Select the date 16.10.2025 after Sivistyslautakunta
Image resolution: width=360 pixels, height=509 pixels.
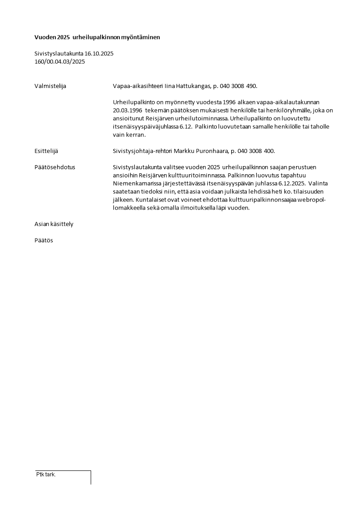coord(99,54)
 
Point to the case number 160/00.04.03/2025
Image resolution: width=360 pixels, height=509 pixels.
coord(59,62)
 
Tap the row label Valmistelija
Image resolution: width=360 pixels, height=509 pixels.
coord(50,86)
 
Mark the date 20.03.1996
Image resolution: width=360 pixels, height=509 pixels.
coord(126,110)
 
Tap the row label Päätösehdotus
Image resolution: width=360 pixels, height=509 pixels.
coord(55,167)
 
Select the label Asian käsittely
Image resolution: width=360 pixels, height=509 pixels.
coord(54,224)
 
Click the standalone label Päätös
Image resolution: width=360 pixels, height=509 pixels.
coord(44,240)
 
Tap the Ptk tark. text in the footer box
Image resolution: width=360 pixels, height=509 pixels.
coord(46,475)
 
